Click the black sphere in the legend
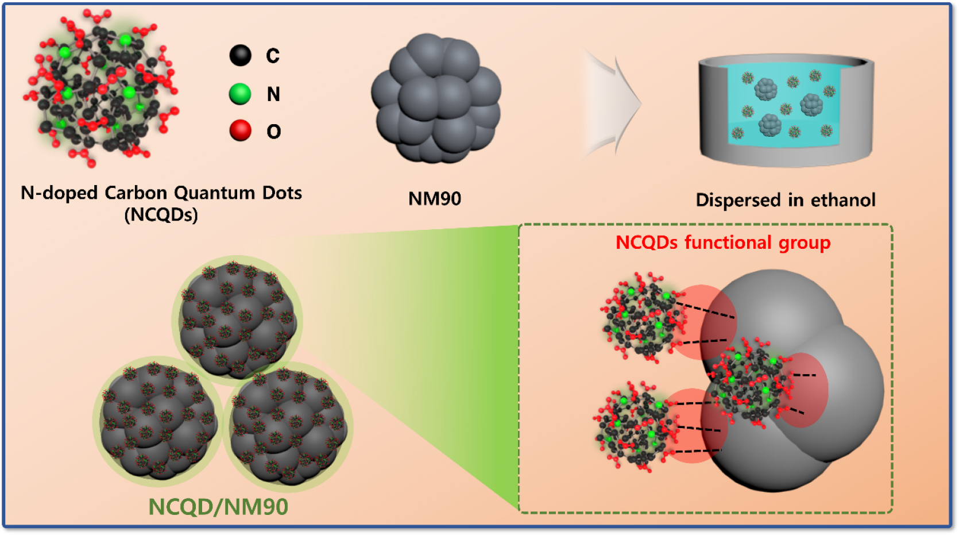tap(241, 56)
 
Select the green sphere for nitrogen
tap(240, 94)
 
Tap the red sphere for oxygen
tap(241, 130)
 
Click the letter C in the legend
tap(273, 56)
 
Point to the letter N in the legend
tap(273, 94)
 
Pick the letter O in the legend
tap(274, 132)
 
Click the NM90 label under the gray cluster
tap(435, 199)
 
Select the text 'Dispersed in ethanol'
tap(786, 200)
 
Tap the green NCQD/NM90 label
tap(218, 507)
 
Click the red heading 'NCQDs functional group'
tap(723, 243)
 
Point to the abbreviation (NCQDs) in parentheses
tap(161, 215)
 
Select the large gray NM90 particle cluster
tap(436, 99)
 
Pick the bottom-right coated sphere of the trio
tap(288, 426)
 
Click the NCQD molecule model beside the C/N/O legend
tap(100, 89)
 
